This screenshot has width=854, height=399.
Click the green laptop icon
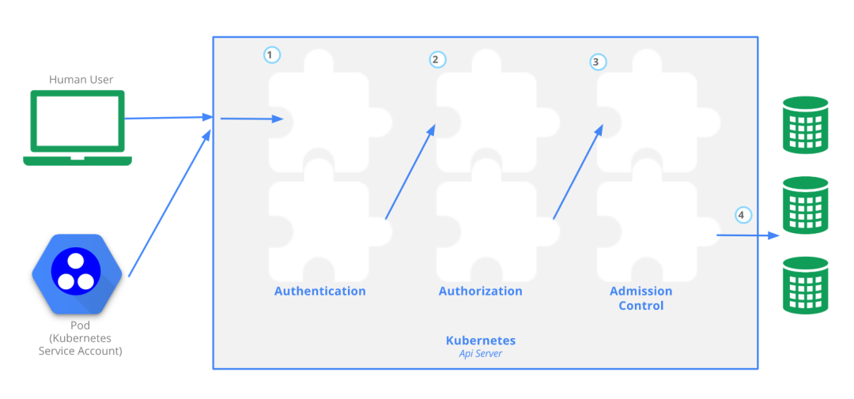tap(77, 127)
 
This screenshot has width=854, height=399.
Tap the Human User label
tap(81, 79)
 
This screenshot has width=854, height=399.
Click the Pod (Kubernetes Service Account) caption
tap(80, 338)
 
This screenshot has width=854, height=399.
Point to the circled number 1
tap(271, 55)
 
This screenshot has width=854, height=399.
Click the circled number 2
tap(437, 59)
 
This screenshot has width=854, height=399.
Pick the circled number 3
tap(599, 61)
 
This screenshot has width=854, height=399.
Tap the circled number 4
tap(742, 214)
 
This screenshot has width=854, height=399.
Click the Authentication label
tap(319, 291)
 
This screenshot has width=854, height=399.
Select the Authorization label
tap(480, 291)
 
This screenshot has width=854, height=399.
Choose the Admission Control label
tap(640, 298)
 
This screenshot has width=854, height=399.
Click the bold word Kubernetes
tap(480, 341)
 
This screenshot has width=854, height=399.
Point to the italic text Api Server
tap(480, 354)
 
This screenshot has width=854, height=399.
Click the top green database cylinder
tap(805, 125)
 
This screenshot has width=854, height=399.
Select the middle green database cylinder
tap(805, 205)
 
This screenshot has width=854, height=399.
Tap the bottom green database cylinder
tap(805, 284)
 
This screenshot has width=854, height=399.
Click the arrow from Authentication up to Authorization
tap(410, 171)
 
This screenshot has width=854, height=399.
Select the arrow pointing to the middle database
tap(747, 235)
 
